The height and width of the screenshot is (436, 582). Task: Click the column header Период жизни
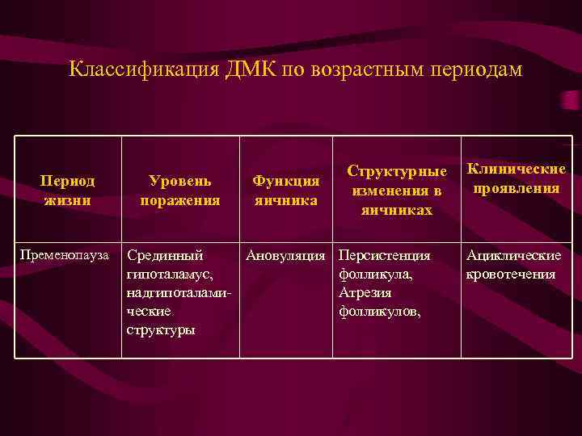tap(68, 190)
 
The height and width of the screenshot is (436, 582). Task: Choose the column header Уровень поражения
tap(179, 190)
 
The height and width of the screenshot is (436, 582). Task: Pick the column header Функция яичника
tap(285, 190)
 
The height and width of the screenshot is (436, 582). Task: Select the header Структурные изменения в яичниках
tap(396, 191)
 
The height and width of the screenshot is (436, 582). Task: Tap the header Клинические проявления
tap(516, 178)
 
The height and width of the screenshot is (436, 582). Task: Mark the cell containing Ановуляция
tap(285, 256)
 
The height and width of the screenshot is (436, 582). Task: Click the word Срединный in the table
tap(165, 256)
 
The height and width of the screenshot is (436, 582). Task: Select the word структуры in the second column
tap(161, 329)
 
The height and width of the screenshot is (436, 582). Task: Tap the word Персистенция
tap(384, 256)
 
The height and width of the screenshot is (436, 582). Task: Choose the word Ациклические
tap(512, 256)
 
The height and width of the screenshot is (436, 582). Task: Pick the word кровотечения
tap(511, 275)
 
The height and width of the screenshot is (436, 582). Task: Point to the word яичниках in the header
tap(396, 210)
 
